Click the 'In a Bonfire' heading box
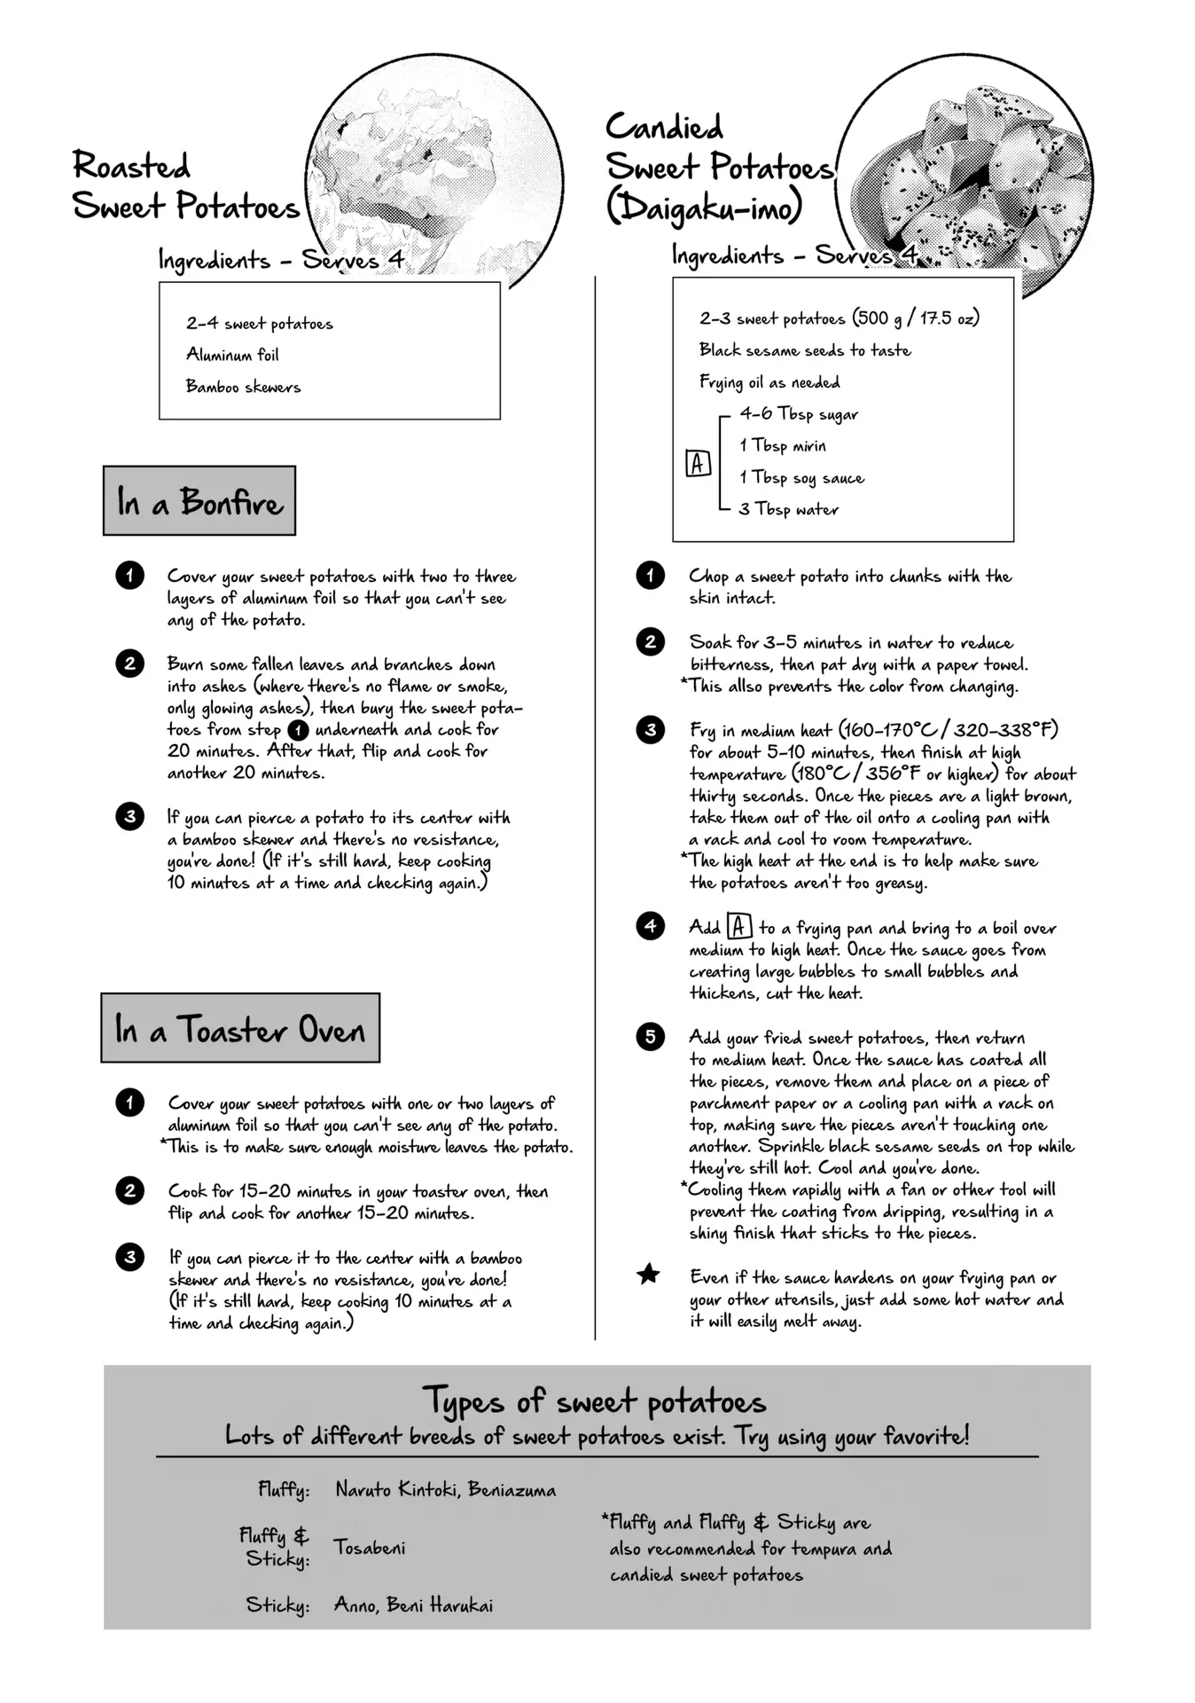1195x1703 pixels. coord(199,501)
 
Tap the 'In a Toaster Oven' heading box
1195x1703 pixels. coord(239,1028)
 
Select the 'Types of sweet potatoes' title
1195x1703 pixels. coord(594,1401)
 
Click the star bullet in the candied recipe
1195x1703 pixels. coord(649,1275)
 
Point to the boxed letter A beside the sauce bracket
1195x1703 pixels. coord(698,463)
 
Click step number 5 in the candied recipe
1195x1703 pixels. coord(650,1037)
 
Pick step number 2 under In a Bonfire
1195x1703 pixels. coord(129,663)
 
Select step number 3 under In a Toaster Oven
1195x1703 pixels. coord(129,1257)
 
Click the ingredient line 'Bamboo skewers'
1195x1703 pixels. coord(243,387)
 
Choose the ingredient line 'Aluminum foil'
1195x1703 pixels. coord(232,355)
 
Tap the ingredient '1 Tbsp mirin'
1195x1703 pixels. coord(783,446)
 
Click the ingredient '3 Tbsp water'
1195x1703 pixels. coord(788,510)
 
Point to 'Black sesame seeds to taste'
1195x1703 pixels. coord(804,350)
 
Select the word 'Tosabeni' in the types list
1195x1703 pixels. coord(370,1548)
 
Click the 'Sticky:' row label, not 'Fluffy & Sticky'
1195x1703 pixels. coord(277,1605)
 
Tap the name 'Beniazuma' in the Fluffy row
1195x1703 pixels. coord(512,1490)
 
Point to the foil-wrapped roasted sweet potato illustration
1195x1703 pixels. coord(434,177)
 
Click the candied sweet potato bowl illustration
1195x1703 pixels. coord(966,177)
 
